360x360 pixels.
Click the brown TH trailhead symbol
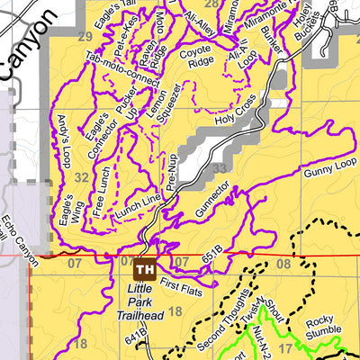(x=145, y=268)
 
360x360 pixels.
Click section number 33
(x=220, y=166)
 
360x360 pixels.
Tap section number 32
(x=81, y=177)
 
